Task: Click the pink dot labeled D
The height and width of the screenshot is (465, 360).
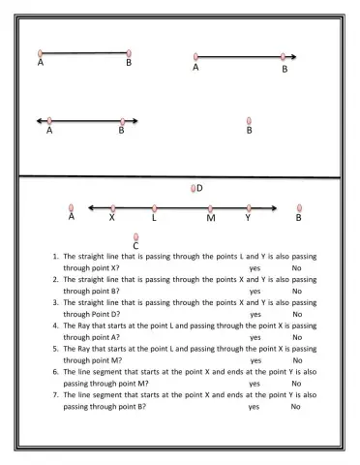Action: [x=194, y=188]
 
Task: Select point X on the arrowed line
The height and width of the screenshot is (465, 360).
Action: [x=112, y=208]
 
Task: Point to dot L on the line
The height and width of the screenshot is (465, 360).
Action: [x=154, y=208]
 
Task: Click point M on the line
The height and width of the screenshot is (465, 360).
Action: [x=210, y=208]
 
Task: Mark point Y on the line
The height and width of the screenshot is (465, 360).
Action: [x=249, y=208]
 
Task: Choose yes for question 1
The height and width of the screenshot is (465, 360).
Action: [x=255, y=267]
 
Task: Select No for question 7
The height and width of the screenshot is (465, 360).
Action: [x=295, y=407]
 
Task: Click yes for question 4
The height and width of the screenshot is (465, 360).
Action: [x=255, y=337]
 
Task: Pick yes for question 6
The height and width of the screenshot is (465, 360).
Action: [x=255, y=384]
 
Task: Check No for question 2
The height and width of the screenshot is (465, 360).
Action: [x=295, y=291]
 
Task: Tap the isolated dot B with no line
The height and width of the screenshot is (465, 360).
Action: [x=249, y=120]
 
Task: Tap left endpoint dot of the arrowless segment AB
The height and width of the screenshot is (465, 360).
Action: [x=40, y=53]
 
